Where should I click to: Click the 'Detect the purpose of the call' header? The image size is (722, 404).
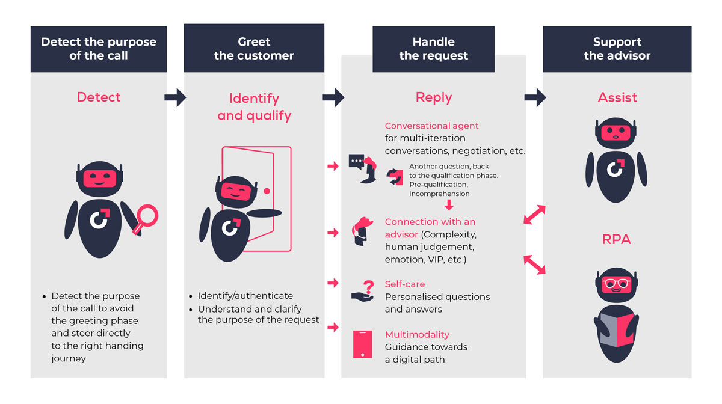click(x=99, y=49)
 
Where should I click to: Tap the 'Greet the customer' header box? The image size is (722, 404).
click(x=254, y=49)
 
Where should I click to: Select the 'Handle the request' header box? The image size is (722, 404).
click(x=433, y=49)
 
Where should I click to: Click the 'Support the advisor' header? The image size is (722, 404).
click(x=617, y=49)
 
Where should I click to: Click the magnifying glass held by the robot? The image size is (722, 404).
click(x=145, y=218)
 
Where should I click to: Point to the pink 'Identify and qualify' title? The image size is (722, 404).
click(x=254, y=106)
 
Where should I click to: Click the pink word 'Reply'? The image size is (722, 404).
click(x=433, y=98)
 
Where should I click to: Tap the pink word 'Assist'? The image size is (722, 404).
click(x=617, y=97)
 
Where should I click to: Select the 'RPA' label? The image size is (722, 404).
click(x=617, y=239)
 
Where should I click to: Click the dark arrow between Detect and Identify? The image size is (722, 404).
click(x=175, y=97)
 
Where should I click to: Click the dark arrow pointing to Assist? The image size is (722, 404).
click(x=535, y=97)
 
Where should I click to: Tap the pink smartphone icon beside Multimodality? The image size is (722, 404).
click(x=361, y=344)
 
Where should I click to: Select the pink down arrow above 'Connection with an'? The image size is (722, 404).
click(x=448, y=206)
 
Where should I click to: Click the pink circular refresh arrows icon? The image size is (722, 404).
click(x=395, y=176)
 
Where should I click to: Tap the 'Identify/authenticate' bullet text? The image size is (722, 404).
click(x=245, y=296)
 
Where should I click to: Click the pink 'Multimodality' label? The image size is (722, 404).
click(x=417, y=334)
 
